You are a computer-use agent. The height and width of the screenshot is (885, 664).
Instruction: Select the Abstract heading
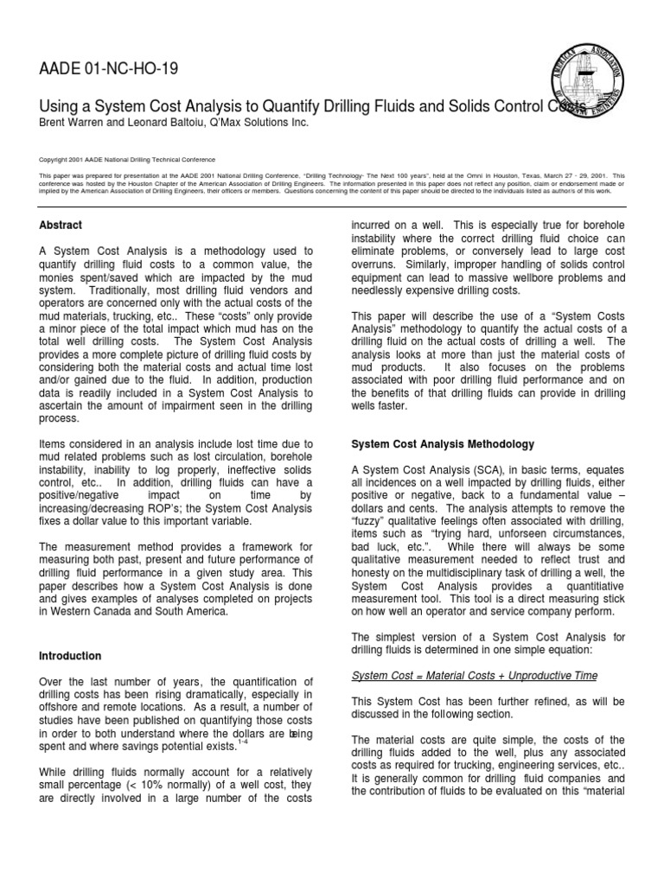pyautogui.click(x=61, y=225)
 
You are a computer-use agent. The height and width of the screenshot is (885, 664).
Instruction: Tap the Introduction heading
pyautogui.click(x=70, y=656)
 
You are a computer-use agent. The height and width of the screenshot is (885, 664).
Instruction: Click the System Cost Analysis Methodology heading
pyautogui.click(x=443, y=444)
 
